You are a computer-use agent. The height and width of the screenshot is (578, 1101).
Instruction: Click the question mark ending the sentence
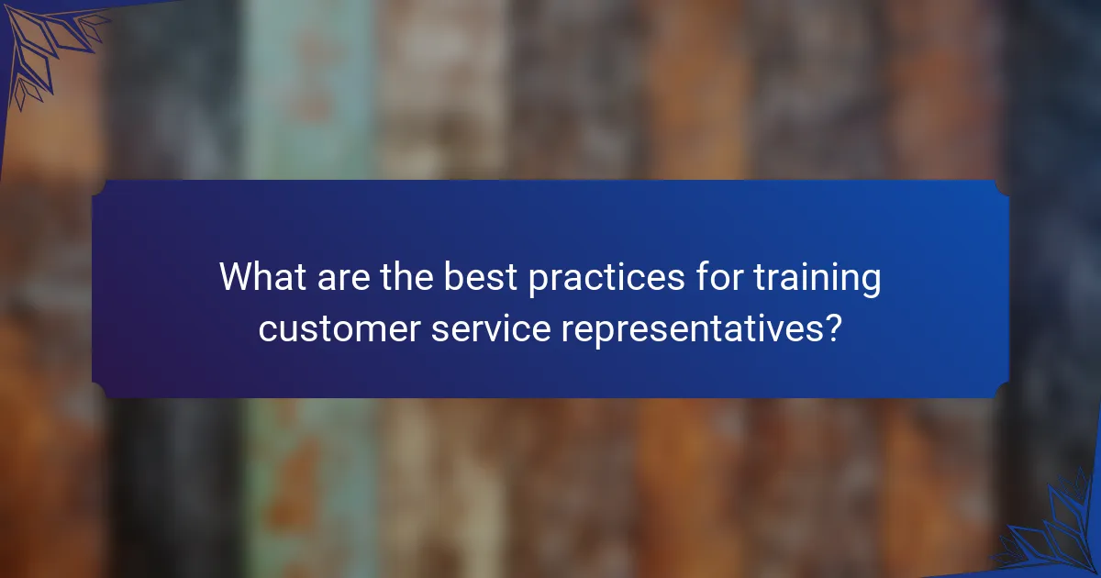833,327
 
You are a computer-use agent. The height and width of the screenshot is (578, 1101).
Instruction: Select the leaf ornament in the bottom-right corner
1055,532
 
